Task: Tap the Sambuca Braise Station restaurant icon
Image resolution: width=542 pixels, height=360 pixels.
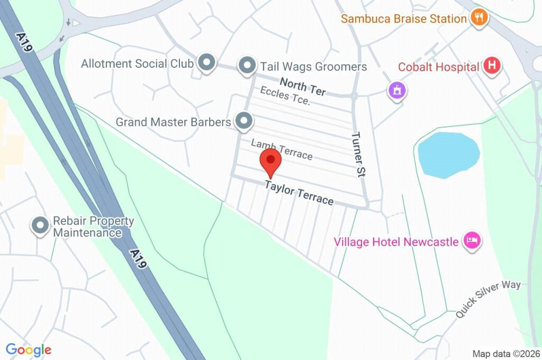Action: pyautogui.click(x=480, y=17)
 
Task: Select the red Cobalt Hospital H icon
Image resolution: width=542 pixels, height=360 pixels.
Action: pyautogui.click(x=492, y=67)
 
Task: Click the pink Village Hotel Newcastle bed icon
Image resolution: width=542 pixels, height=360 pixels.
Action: pyautogui.click(x=472, y=241)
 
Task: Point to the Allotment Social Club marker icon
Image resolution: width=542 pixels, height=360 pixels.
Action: pyautogui.click(x=206, y=63)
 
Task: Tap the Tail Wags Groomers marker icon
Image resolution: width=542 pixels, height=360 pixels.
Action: pyautogui.click(x=246, y=66)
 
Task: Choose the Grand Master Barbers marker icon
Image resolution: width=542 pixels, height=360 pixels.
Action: pyautogui.click(x=243, y=121)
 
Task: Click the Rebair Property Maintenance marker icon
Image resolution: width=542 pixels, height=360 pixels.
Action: pyautogui.click(x=40, y=226)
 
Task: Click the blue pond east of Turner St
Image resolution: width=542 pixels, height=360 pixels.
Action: pyautogui.click(x=448, y=154)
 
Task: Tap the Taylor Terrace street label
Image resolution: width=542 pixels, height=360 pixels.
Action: pyautogui.click(x=299, y=193)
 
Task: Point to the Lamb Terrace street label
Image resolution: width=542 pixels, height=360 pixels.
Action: pyautogui.click(x=282, y=149)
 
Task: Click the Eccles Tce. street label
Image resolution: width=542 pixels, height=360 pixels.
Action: pyautogui.click(x=285, y=96)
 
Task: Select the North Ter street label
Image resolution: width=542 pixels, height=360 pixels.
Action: pyautogui.click(x=302, y=86)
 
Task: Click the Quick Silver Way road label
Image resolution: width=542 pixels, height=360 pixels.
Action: pyautogui.click(x=487, y=299)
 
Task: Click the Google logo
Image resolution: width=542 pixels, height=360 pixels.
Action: pyautogui.click(x=29, y=349)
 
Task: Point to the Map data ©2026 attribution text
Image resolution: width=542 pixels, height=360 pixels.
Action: pyautogui.click(x=506, y=354)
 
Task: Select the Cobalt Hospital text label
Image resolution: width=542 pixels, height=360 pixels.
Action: pyautogui.click(x=439, y=67)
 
